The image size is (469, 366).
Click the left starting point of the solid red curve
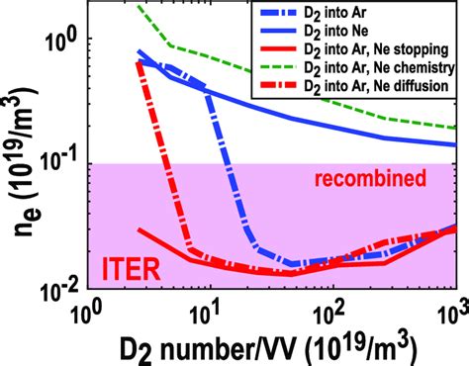click(x=139, y=229)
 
